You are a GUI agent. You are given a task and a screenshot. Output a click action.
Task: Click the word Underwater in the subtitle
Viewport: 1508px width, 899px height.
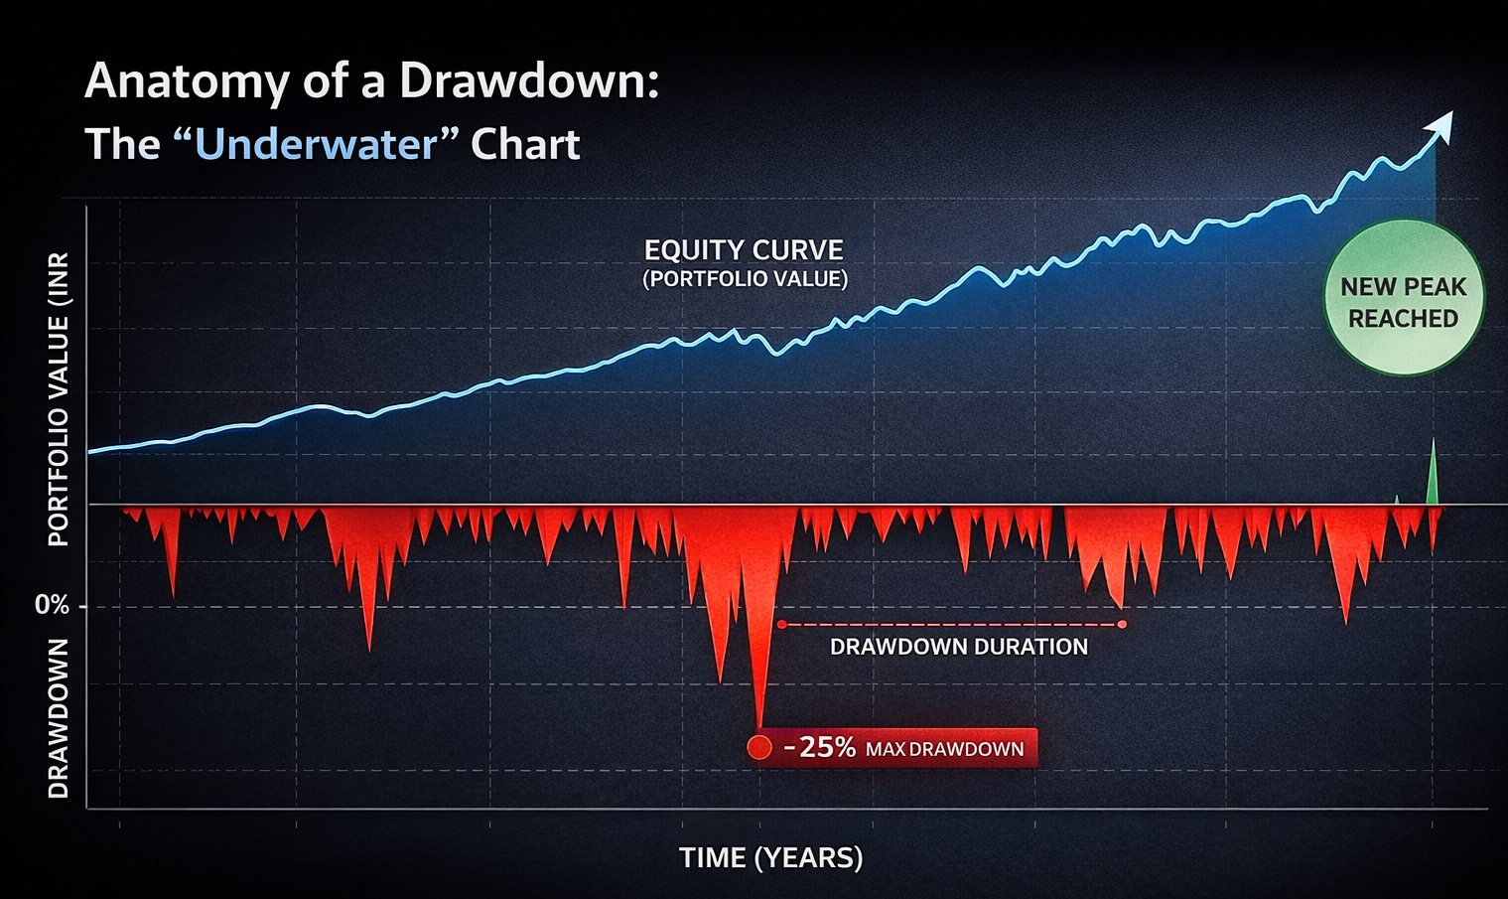click(316, 145)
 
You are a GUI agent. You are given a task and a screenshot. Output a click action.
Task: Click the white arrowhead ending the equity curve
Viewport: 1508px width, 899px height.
click(1440, 125)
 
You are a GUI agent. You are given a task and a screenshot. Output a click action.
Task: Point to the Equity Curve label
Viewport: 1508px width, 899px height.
click(744, 250)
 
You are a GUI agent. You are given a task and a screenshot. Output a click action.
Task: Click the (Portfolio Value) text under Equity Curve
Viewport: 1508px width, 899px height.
click(745, 279)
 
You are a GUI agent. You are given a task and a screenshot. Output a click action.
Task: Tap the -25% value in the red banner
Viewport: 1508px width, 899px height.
click(819, 747)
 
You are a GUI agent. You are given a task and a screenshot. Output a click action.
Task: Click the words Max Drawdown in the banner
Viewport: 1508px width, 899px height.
click(944, 749)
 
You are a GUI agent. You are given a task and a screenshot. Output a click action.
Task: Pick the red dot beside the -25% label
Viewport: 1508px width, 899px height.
click(759, 747)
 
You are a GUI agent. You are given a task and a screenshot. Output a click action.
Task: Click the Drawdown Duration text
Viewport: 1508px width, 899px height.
click(958, 647)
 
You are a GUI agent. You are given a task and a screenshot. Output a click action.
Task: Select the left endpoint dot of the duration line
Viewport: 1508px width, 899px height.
click(782, 625)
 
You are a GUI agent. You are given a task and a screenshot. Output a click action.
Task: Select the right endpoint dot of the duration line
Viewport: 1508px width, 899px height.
click(1122, 625)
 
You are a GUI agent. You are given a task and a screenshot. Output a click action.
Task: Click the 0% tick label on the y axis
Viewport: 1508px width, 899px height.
click(52, 605)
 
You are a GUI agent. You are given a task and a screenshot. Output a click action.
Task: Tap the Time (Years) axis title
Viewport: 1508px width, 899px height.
click(770, 857)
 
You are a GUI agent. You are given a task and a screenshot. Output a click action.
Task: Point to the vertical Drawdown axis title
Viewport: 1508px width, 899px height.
click(59, 718)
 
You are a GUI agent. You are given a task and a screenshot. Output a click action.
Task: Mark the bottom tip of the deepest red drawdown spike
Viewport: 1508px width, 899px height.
click(760, 728)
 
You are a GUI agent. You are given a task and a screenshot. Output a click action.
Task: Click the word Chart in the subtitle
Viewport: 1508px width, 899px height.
click(525, 145)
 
